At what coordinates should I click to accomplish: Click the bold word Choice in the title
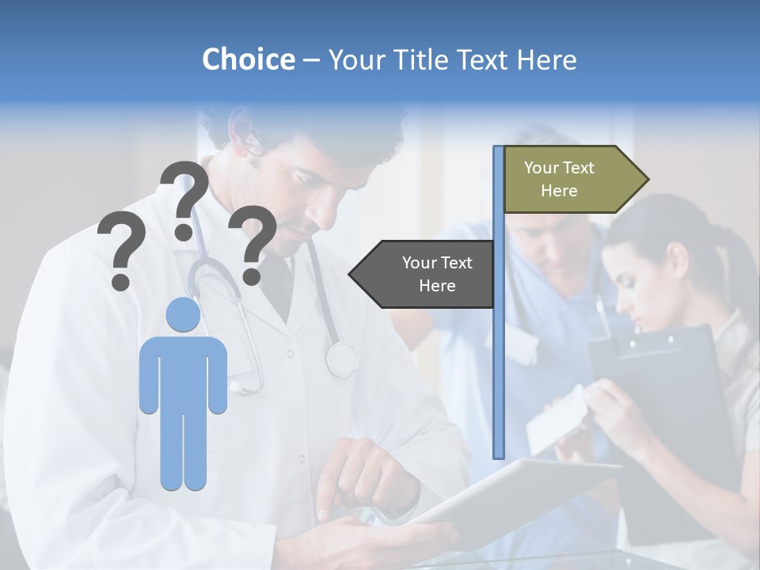[x=248, y=59]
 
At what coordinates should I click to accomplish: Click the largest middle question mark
[x=184, y=198]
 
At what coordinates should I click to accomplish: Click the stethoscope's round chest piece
[x=341, y=359]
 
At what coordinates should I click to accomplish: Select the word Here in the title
[x=547, y=59]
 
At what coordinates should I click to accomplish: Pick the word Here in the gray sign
[x=437, y=286]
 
